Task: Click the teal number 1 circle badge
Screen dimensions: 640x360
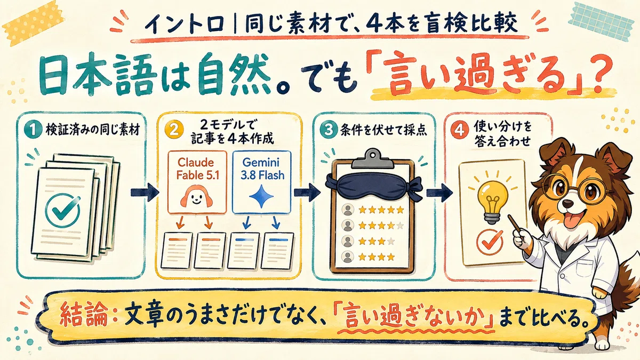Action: [x=34, y=130]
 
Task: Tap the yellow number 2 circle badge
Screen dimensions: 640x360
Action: [x=174, y=130]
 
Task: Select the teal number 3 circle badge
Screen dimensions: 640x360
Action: [x=329, y=130]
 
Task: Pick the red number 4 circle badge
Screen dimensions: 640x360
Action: [x=459, y=130]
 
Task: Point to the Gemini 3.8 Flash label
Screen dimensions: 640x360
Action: [x=261, y=169]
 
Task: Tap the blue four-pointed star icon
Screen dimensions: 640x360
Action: [x=261, y=196]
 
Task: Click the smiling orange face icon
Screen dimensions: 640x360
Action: [x=196, y=196]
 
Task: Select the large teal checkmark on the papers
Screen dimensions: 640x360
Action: [x=63, y=211]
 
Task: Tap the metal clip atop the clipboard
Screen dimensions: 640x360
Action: [x=372, y=158]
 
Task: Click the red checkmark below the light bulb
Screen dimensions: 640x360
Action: [x=491, y=242]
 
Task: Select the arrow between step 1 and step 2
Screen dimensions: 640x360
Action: [x=145, y=193]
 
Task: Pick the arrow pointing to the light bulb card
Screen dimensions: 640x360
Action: [x=439, y=193]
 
